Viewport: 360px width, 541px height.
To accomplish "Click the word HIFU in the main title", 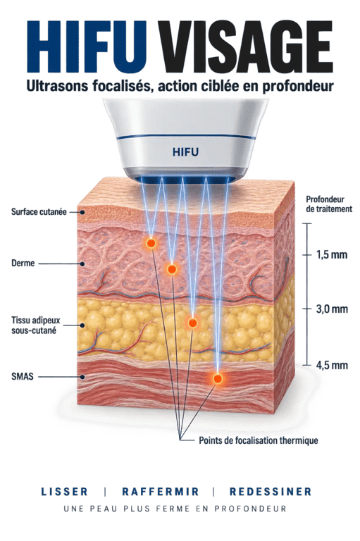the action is pyautogui.click(x=86, y=47).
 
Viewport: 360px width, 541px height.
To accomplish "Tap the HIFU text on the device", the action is pyautogui.click(x=186, y=152).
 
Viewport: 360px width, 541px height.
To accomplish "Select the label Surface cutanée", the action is pyautogui.click(x=39, y=211).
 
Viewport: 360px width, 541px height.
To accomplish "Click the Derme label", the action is pyautogui.click(x=23, y=263).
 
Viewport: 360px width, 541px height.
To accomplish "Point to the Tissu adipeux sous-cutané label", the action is pyautogui.click(x=35, y=325).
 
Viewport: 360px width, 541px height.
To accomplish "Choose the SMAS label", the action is pyautogui.click(x=23, y=376).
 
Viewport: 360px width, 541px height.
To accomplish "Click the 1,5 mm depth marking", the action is pyautogui.click(x=332, y=254).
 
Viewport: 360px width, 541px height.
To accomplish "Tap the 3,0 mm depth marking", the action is pyautogui.click(x=332, y=309).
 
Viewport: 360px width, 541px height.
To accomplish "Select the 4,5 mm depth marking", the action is pyautogui.click(x=332, y=365).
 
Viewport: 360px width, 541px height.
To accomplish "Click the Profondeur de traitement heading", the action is pyautogui.click(x=329, y=204).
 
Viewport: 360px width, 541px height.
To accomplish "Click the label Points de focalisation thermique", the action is pyautogui.click(x=259, y=440).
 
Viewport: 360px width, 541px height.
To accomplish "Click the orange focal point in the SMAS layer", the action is pyautogui.click(x=218, y=379).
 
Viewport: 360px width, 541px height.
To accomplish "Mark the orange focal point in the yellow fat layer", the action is pyautogui.click(x=192, y=323).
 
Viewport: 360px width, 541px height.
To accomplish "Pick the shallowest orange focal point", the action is pyautogui.click(x=151, y=243).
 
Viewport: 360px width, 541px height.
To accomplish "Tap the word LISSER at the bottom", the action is pyautogui.click(x=65, y=491).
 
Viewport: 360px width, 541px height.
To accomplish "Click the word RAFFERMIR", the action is pyautogui.click(x=161, y=491).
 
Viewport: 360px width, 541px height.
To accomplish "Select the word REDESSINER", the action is pyautogui.click(x=271, y=491).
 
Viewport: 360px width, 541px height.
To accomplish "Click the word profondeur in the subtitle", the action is pyautogui.click(x=298, y=86).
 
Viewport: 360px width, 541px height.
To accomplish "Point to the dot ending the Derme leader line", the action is pyautogui.click(x=82, y=264).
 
